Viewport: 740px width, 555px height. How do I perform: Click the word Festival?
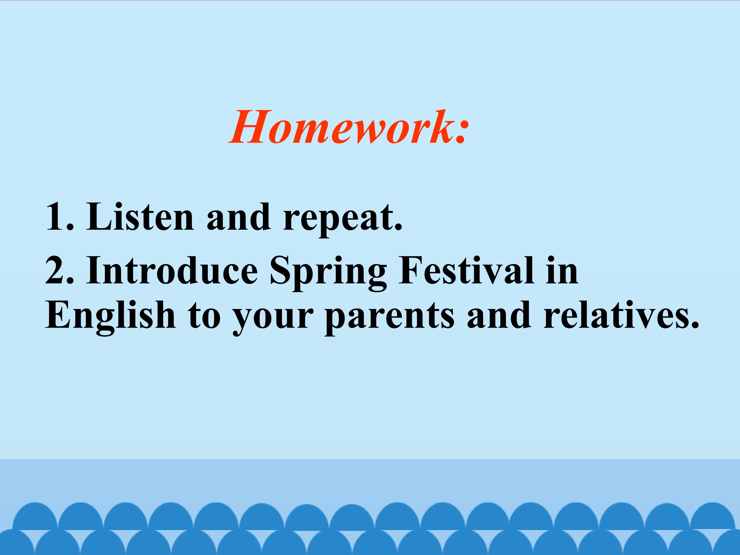(x=466, y=270)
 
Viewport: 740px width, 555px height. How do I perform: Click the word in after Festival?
(x=562, y=270)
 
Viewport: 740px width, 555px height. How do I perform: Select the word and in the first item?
(x=238, y=217)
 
